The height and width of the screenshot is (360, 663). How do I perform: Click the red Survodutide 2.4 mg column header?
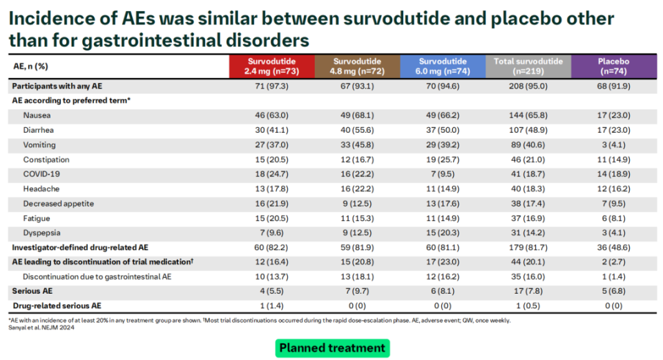click(271, 66)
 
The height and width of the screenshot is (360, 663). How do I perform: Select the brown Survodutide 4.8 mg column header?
click(357, 66)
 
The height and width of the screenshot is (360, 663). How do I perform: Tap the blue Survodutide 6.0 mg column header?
click(443, 66)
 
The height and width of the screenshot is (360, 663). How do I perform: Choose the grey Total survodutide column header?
click(528, 66)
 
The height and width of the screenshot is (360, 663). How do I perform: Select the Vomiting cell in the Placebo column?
click(615, 145)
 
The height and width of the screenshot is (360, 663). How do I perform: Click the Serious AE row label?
click(32, 291)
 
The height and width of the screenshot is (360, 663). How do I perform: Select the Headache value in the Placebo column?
click(615, 189)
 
